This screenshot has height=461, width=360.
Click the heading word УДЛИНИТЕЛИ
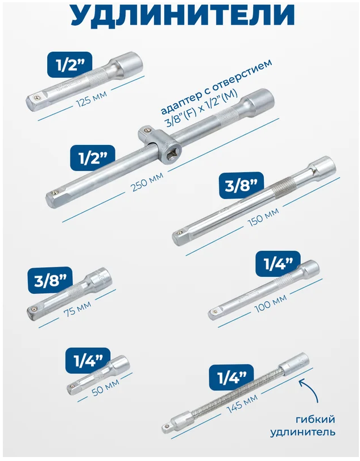click(183, 15)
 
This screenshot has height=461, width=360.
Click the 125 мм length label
click(92, 98)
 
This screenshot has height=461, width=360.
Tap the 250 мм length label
click(147, 182)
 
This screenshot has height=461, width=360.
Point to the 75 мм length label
click(77, 306)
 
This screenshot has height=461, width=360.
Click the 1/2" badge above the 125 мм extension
click(70, 65)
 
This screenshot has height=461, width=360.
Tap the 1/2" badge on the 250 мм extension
click(92, 158)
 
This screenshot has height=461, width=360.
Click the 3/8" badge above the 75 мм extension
click(50, 280)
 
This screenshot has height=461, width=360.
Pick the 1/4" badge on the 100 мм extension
click(278, 264)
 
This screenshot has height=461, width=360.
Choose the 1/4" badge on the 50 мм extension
click(88, 360)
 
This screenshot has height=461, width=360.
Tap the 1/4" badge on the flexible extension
click(231, 377)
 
